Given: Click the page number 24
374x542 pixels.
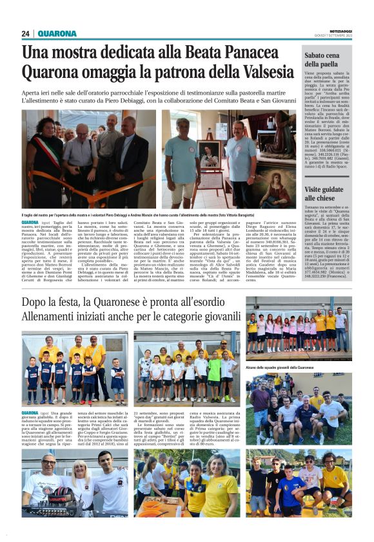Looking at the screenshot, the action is [26, 33].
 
